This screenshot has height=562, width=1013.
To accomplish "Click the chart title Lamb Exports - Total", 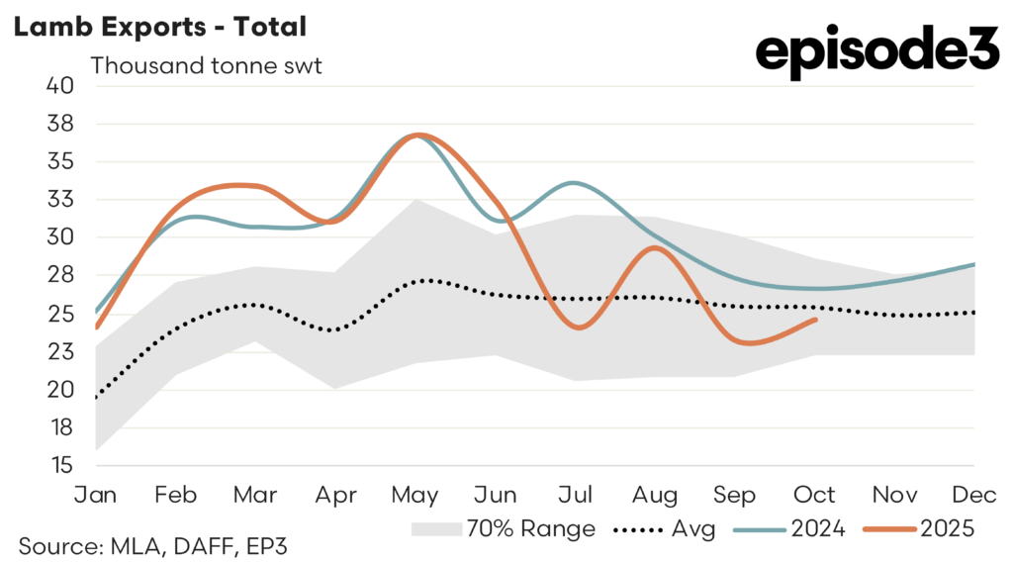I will pos(159,26).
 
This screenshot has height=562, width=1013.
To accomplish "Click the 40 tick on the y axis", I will pos(60,85).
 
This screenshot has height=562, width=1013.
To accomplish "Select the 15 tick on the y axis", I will pos(60,465).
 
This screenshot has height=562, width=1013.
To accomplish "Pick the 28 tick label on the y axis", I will pos(60,275).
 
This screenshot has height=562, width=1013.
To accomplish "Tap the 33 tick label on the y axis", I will pos(60,199).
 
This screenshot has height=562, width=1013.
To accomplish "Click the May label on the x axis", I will pos(415,494).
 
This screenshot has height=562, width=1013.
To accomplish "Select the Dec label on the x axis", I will pos(974,494).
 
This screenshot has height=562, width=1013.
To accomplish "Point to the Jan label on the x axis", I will pos(96,494).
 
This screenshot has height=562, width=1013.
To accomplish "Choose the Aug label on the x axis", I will pos(655,494).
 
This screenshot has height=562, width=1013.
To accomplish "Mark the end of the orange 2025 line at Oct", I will pos(815,319).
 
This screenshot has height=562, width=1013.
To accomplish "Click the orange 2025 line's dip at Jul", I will pos(576,328).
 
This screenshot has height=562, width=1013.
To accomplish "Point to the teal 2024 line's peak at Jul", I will pos(575,183).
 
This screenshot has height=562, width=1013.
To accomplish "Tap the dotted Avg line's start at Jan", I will pos(96,398).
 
